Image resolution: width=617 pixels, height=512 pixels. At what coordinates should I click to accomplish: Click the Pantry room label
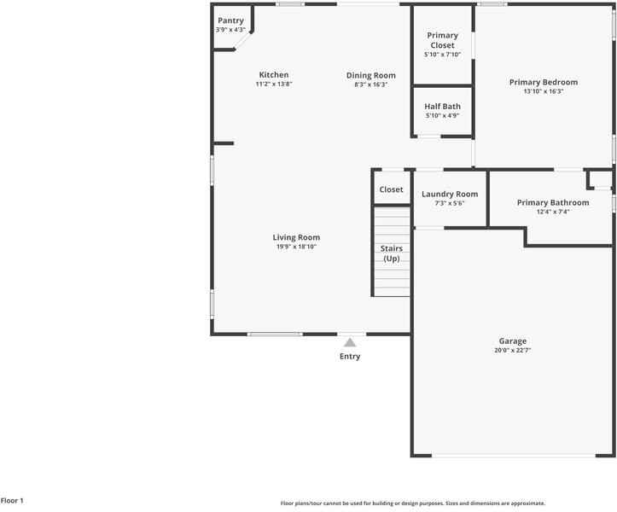(x=230, y=20)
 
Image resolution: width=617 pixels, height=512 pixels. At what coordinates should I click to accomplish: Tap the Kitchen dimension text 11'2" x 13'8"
(x=273, y=84)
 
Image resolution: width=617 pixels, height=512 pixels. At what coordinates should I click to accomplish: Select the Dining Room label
(x=371, y=75)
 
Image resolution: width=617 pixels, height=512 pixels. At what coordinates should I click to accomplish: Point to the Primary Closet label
(x=442, y=40)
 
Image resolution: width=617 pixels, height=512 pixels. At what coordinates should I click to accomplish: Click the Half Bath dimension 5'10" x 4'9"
(x=442, y=115)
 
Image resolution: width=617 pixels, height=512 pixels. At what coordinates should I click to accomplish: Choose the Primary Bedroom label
(x=543, y=82)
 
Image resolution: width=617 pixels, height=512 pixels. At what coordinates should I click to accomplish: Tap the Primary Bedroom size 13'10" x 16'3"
(x=543, y=91)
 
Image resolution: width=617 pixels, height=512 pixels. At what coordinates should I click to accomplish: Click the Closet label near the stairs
(x=392, y=189)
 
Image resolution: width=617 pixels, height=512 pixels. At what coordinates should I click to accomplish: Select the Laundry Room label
(x=450, y=194)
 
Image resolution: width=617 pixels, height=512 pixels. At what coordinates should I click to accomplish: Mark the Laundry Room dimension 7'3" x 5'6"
(x=450, y=203)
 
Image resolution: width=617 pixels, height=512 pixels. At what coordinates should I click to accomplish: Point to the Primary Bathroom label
(x=553, y=202)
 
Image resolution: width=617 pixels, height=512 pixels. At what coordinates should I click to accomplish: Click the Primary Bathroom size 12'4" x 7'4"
(x=553, y=212)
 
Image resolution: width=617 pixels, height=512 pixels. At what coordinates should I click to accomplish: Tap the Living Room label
(x=296, y=237)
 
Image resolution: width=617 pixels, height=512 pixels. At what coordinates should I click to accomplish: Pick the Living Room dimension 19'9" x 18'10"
(x=296, y=247)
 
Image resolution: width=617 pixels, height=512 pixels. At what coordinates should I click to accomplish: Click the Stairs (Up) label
(x=392, y=253)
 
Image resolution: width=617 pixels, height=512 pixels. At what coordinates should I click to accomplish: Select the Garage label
(x=513, y=341)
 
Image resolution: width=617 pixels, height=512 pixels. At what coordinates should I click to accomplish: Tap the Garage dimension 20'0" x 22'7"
(x=513, y=351)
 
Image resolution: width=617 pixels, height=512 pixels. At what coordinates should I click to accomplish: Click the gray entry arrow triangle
(x=350, y=342)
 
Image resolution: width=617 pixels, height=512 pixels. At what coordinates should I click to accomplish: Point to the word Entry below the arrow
(x=350, y=357)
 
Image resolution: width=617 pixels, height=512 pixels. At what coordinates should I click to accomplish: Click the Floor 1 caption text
(x=13, y=501)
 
